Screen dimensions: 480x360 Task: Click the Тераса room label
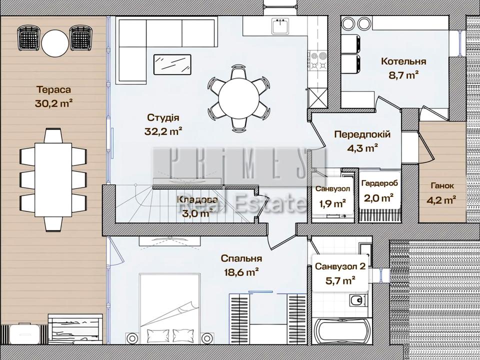coord(53,89)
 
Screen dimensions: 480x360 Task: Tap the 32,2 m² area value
coord(163,131)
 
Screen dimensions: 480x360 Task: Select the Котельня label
coord(403,61)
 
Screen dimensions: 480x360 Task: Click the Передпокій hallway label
coord(362,134)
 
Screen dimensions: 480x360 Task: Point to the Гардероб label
coord(379,183)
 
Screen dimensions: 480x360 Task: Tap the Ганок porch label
coord(442,185)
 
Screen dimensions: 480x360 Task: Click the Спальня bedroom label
coord(241,258)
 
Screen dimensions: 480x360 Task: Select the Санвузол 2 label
coord(340,266)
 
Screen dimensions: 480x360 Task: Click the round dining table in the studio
coord(239,98)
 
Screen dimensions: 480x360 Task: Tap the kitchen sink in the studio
coord(280,26)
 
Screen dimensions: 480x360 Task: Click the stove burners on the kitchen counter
coord(318,61)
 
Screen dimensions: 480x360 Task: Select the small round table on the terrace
coord(55,43)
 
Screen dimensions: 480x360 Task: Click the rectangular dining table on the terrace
coord(53,179)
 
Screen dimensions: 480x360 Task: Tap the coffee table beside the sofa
coord(172,64)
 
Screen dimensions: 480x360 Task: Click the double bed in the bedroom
coord(170,308)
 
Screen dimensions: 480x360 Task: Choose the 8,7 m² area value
coord(403,75)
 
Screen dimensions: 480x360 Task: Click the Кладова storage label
coord(198,200)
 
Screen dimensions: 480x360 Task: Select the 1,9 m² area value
coord(333,203)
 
